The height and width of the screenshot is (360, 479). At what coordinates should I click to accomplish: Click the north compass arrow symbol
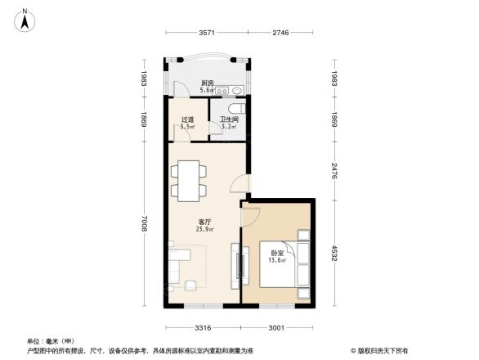click(x=26, y=19)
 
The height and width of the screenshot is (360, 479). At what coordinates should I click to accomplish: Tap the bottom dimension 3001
click(x=277, y=328)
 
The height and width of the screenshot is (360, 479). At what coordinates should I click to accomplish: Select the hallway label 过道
click(x=187, y=119)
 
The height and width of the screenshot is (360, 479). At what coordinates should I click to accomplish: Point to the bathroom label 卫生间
click(x=228, y=119)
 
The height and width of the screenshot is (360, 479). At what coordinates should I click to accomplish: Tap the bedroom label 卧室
click(x=277, y=254)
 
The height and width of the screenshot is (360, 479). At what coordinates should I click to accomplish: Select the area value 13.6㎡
click(x=277, y=262)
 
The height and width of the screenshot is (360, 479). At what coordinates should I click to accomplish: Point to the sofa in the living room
click(x=181, y=263)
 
